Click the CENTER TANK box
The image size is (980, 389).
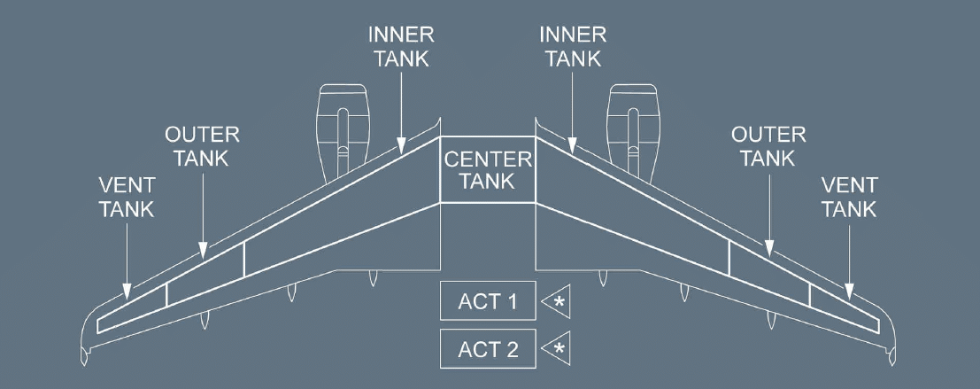[x=488, y=169]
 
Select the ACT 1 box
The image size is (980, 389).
[x=488, y=301]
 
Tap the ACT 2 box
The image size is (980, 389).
[x=488, y=348]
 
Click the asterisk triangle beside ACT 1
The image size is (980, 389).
[x=558, y=301]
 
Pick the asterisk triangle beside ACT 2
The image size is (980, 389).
[x=558, y=348]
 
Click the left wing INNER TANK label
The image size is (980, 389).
[x=401, y=47]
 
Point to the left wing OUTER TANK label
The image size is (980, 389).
[x=202, y=146]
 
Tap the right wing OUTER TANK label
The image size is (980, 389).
[x=768, y=146]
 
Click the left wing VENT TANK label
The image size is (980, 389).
[x=127, y=197]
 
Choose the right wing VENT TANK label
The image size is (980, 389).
[x=849, y=197]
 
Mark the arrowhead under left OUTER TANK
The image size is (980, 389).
[x=203, y=251]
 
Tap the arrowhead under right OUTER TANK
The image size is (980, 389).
[x=768, y=251]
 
